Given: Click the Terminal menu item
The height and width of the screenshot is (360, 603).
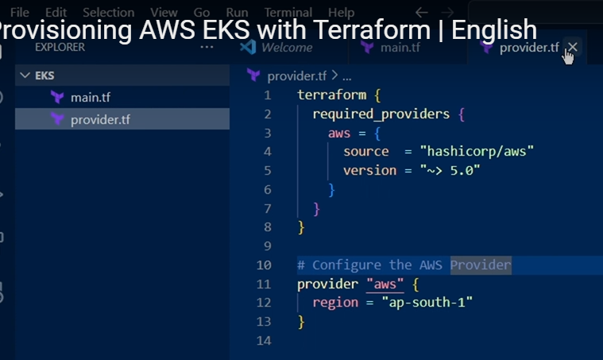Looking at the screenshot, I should (x=288, y=12).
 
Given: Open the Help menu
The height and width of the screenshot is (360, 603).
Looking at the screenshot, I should (x=341, y=12).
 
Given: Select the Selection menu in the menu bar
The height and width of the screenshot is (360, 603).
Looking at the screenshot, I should (x=108, y=12).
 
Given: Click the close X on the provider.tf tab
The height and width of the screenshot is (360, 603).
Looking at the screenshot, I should (x=572, y=48).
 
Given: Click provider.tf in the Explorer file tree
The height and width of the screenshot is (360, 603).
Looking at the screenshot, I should (x=100, y=120).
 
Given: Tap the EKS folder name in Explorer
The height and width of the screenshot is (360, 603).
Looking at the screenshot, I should (x=45, y=75).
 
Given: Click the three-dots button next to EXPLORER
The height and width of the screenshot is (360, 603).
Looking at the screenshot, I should (x=207, y=47).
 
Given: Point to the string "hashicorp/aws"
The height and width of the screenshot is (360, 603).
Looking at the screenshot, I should (x=477, y=152).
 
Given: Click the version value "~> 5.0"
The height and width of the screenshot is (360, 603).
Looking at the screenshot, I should (x=450, y=171).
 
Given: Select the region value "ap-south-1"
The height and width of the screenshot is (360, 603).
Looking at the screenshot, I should (x=427, y=303).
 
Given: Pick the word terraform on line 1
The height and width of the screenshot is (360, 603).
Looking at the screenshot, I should (x=331, y=95).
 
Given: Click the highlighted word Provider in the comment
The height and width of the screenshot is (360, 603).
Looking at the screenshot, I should (x=481, y=265).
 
